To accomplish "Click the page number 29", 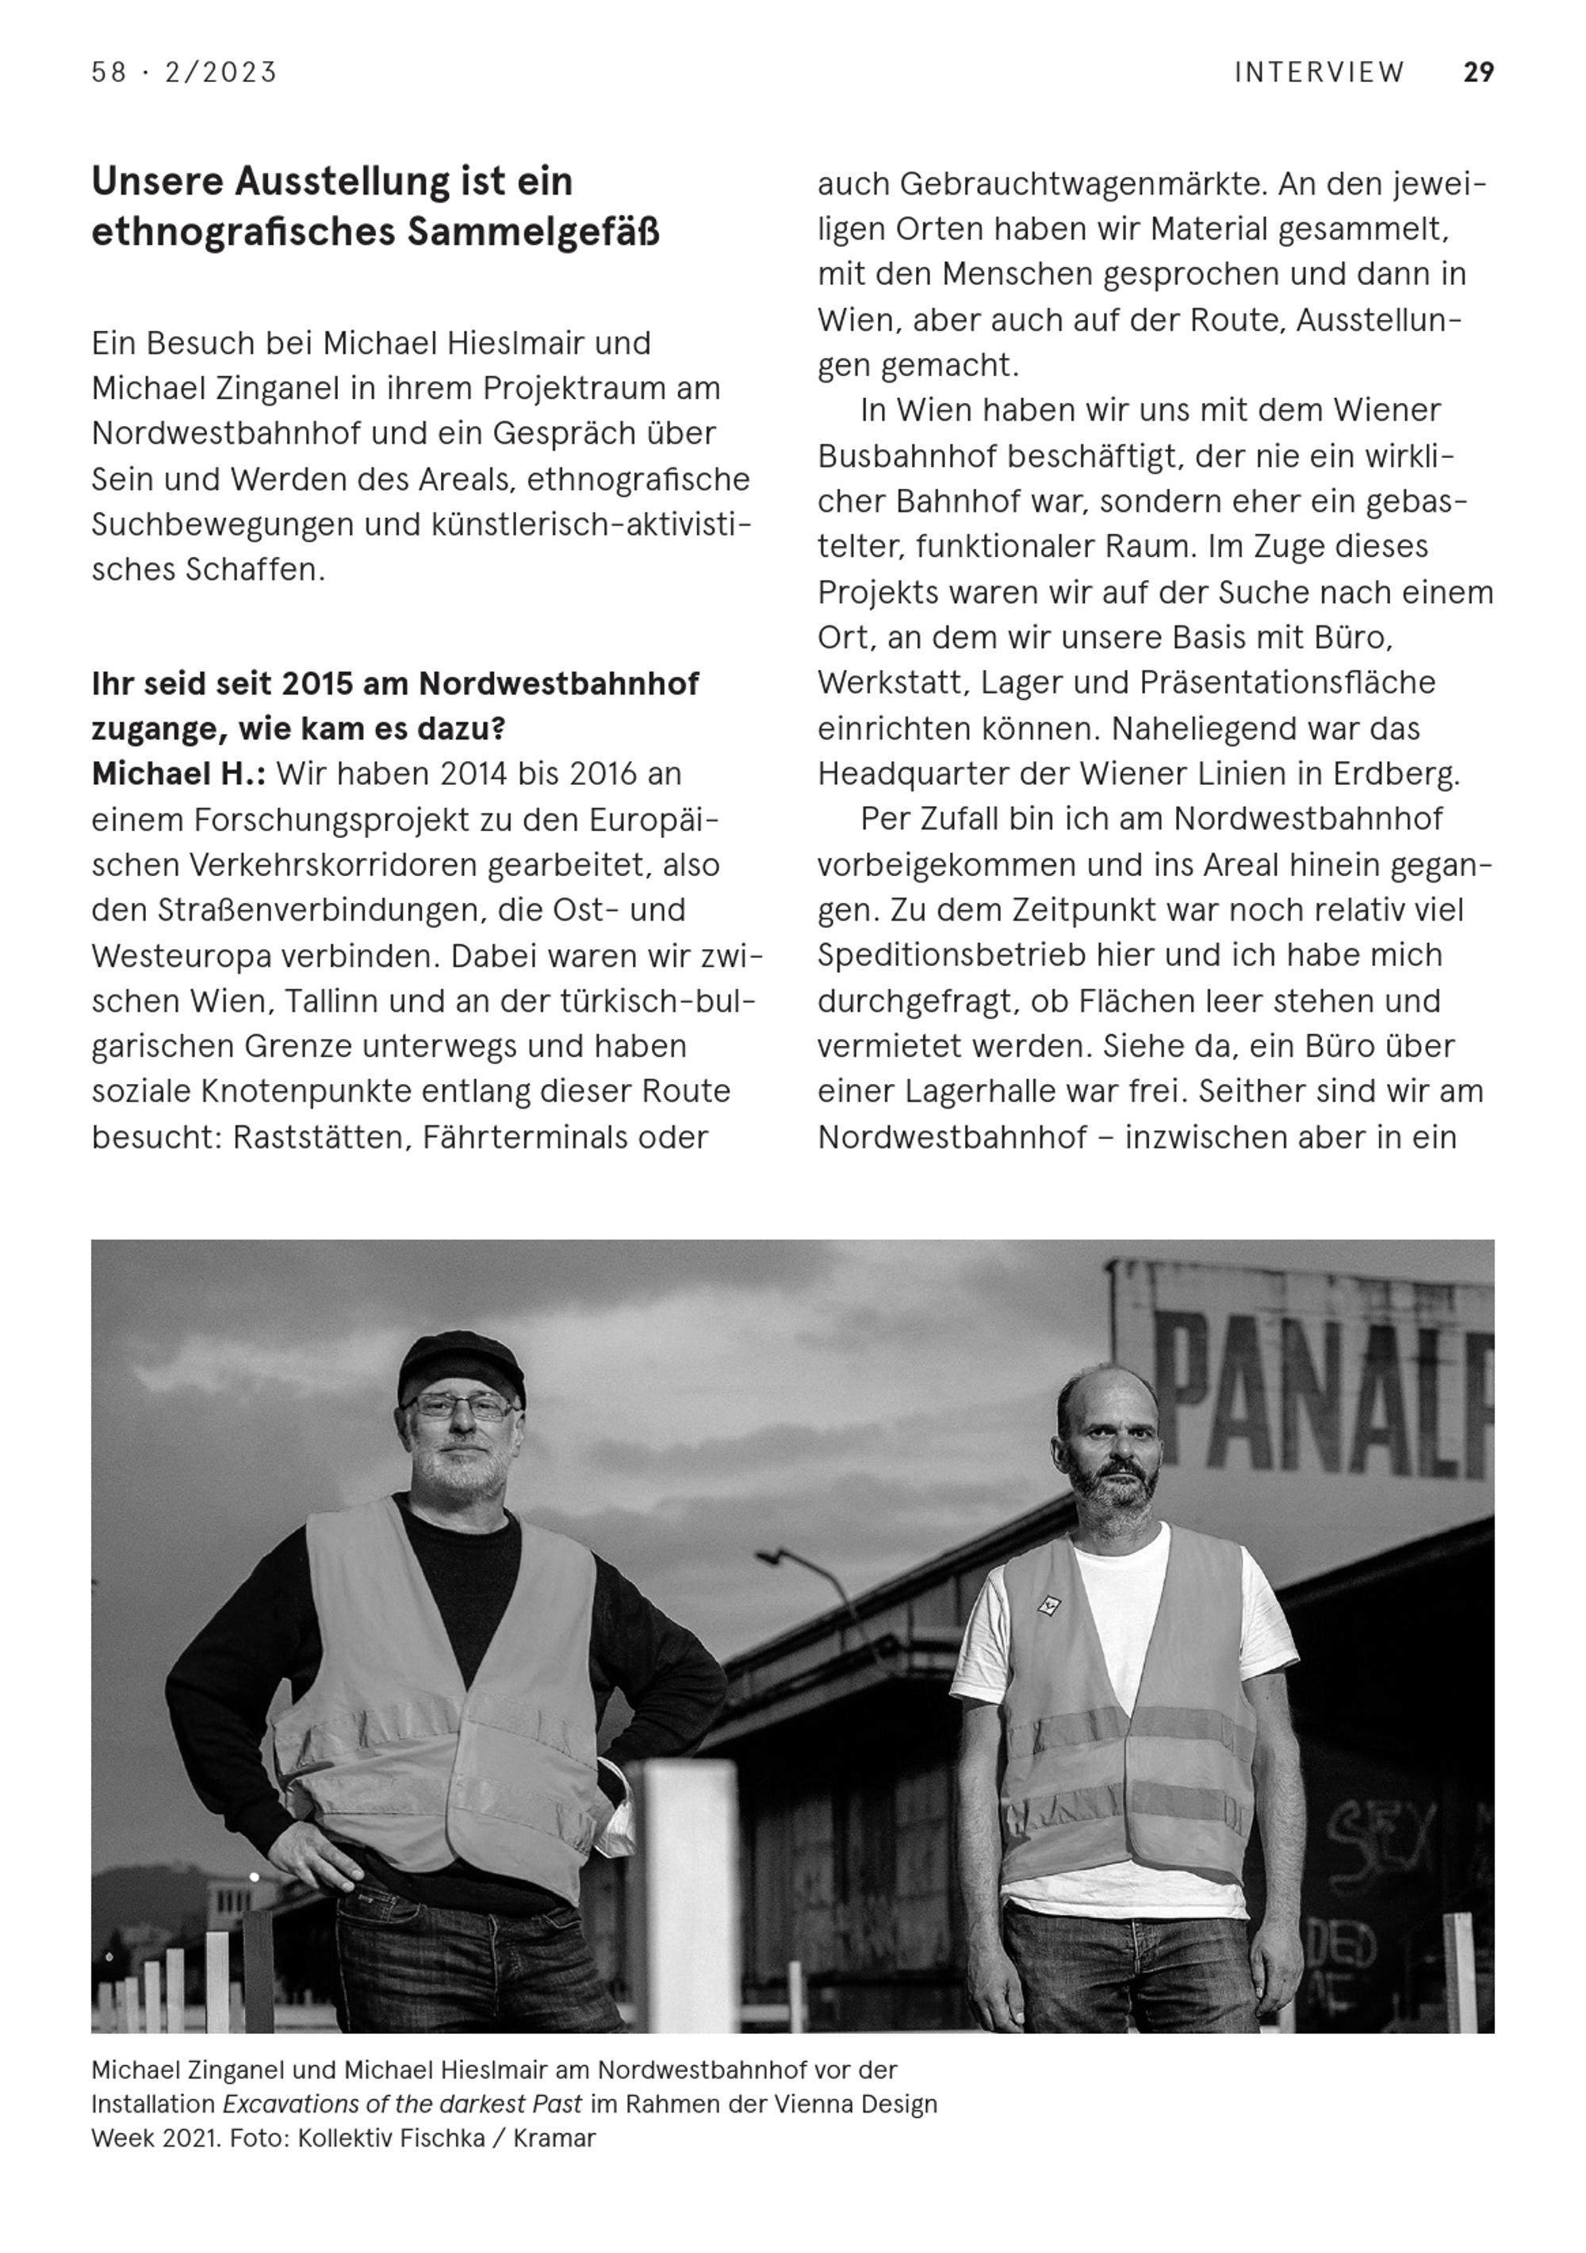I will (x=1477, y=73).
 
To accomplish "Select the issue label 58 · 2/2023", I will (x=185, y=73).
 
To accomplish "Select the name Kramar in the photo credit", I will (x=554, y=2137).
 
